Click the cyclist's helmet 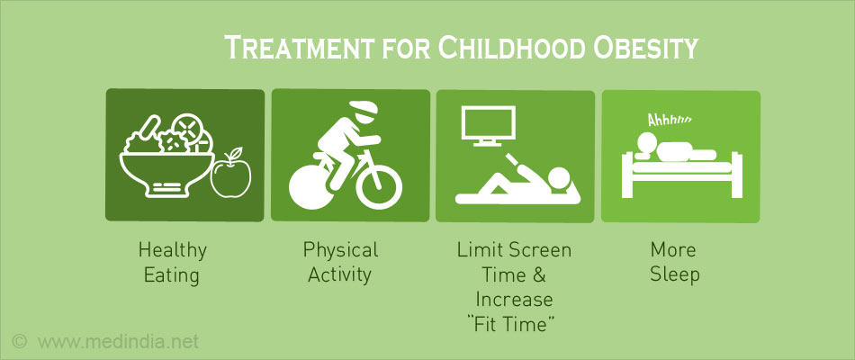[363, 110]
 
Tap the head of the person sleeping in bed [648, 143]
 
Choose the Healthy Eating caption [172, 263]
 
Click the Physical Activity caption [340, 262]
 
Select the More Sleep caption [674, 263]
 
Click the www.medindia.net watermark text [118, 342]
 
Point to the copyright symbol [20, 342]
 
